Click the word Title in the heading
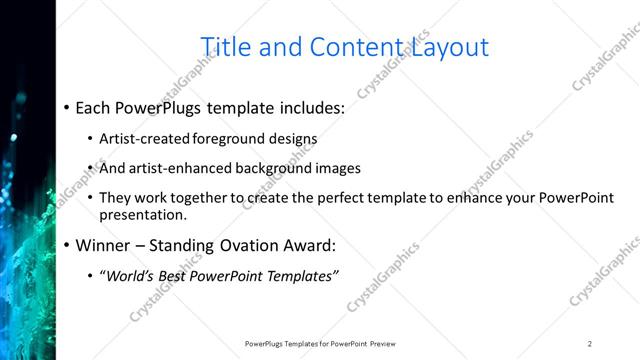coord(226,46)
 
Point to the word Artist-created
coord(140,139)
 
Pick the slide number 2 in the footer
coord(590,343)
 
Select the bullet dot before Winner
coord(66,245)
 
